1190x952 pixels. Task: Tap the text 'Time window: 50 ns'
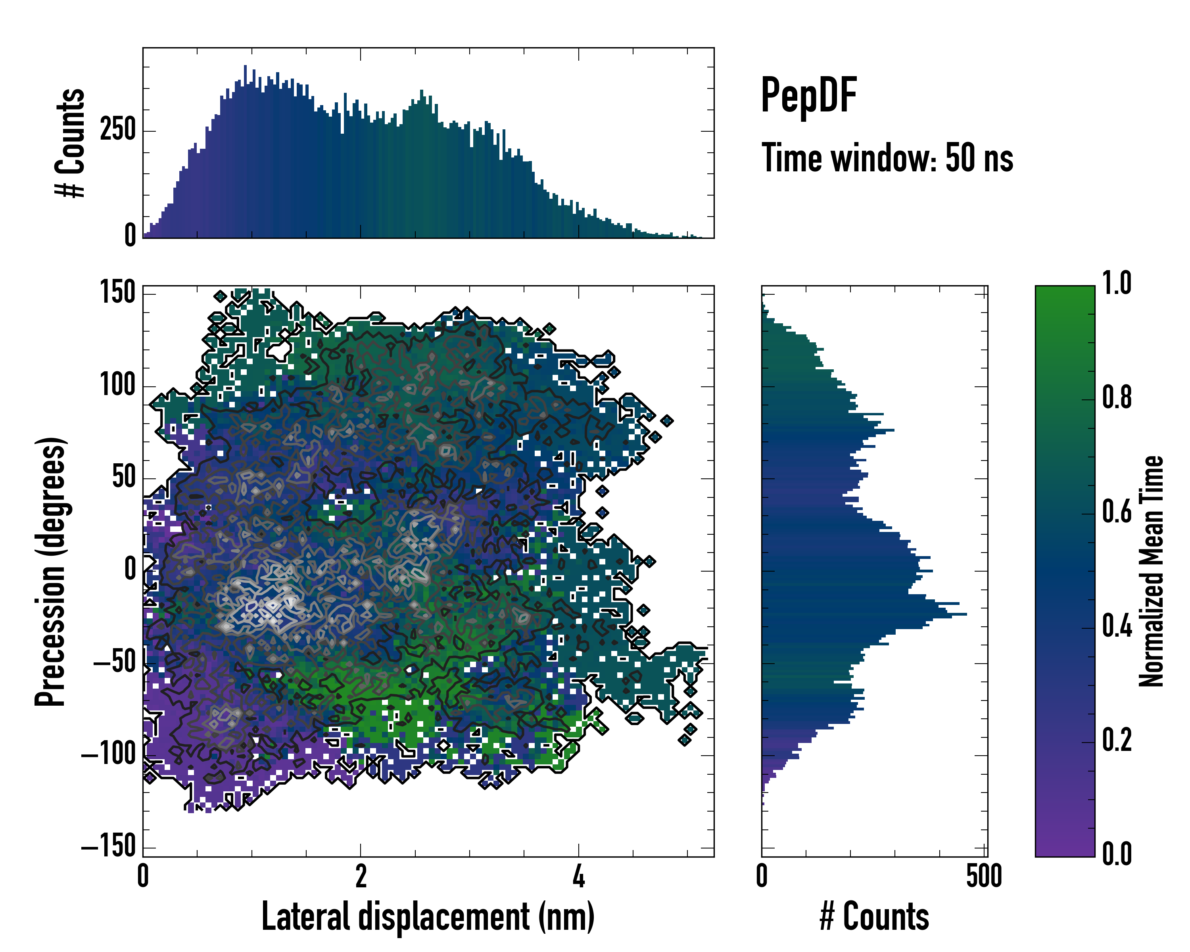[x=887, y=158]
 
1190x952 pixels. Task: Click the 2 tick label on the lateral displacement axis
[x=361, y=876]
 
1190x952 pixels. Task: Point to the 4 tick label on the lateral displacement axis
[x=578, y=876]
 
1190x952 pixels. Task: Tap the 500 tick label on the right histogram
[x=984, y=876]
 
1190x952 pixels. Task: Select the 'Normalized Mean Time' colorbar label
[x=1151, y=571]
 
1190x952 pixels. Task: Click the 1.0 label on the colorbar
[x=1117, y=284]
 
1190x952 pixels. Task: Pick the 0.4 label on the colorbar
[x=1117, y=627]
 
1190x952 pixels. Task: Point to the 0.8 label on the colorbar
[x=1117, y=397]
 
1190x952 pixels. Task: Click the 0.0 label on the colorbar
[x=1117, y=854]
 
